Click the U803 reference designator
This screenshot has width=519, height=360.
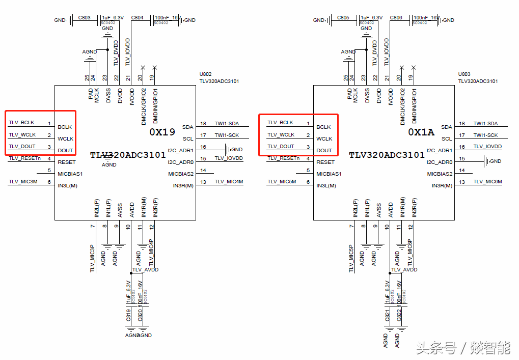point(464,74)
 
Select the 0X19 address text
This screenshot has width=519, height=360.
point(162,132)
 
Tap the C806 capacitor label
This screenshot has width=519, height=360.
point(396,17)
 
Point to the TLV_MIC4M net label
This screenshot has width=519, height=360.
point(229,182)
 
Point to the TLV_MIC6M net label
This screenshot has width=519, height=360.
point(487,182)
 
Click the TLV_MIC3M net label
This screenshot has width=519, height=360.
point(23,182)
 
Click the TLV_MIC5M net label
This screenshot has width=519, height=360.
point(282,182)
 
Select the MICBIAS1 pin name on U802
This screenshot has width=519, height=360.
point(70,174)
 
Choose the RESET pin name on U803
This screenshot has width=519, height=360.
point(325,162)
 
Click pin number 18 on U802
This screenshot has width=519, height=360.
point(203,124)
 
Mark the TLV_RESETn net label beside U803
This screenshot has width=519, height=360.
point(283,158)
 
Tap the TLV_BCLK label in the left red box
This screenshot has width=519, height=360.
point(21,123)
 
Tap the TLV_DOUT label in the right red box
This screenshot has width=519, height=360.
point(281,146)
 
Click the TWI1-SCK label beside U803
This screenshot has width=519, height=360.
point(485,135)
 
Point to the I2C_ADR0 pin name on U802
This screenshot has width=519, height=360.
point(181,162)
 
